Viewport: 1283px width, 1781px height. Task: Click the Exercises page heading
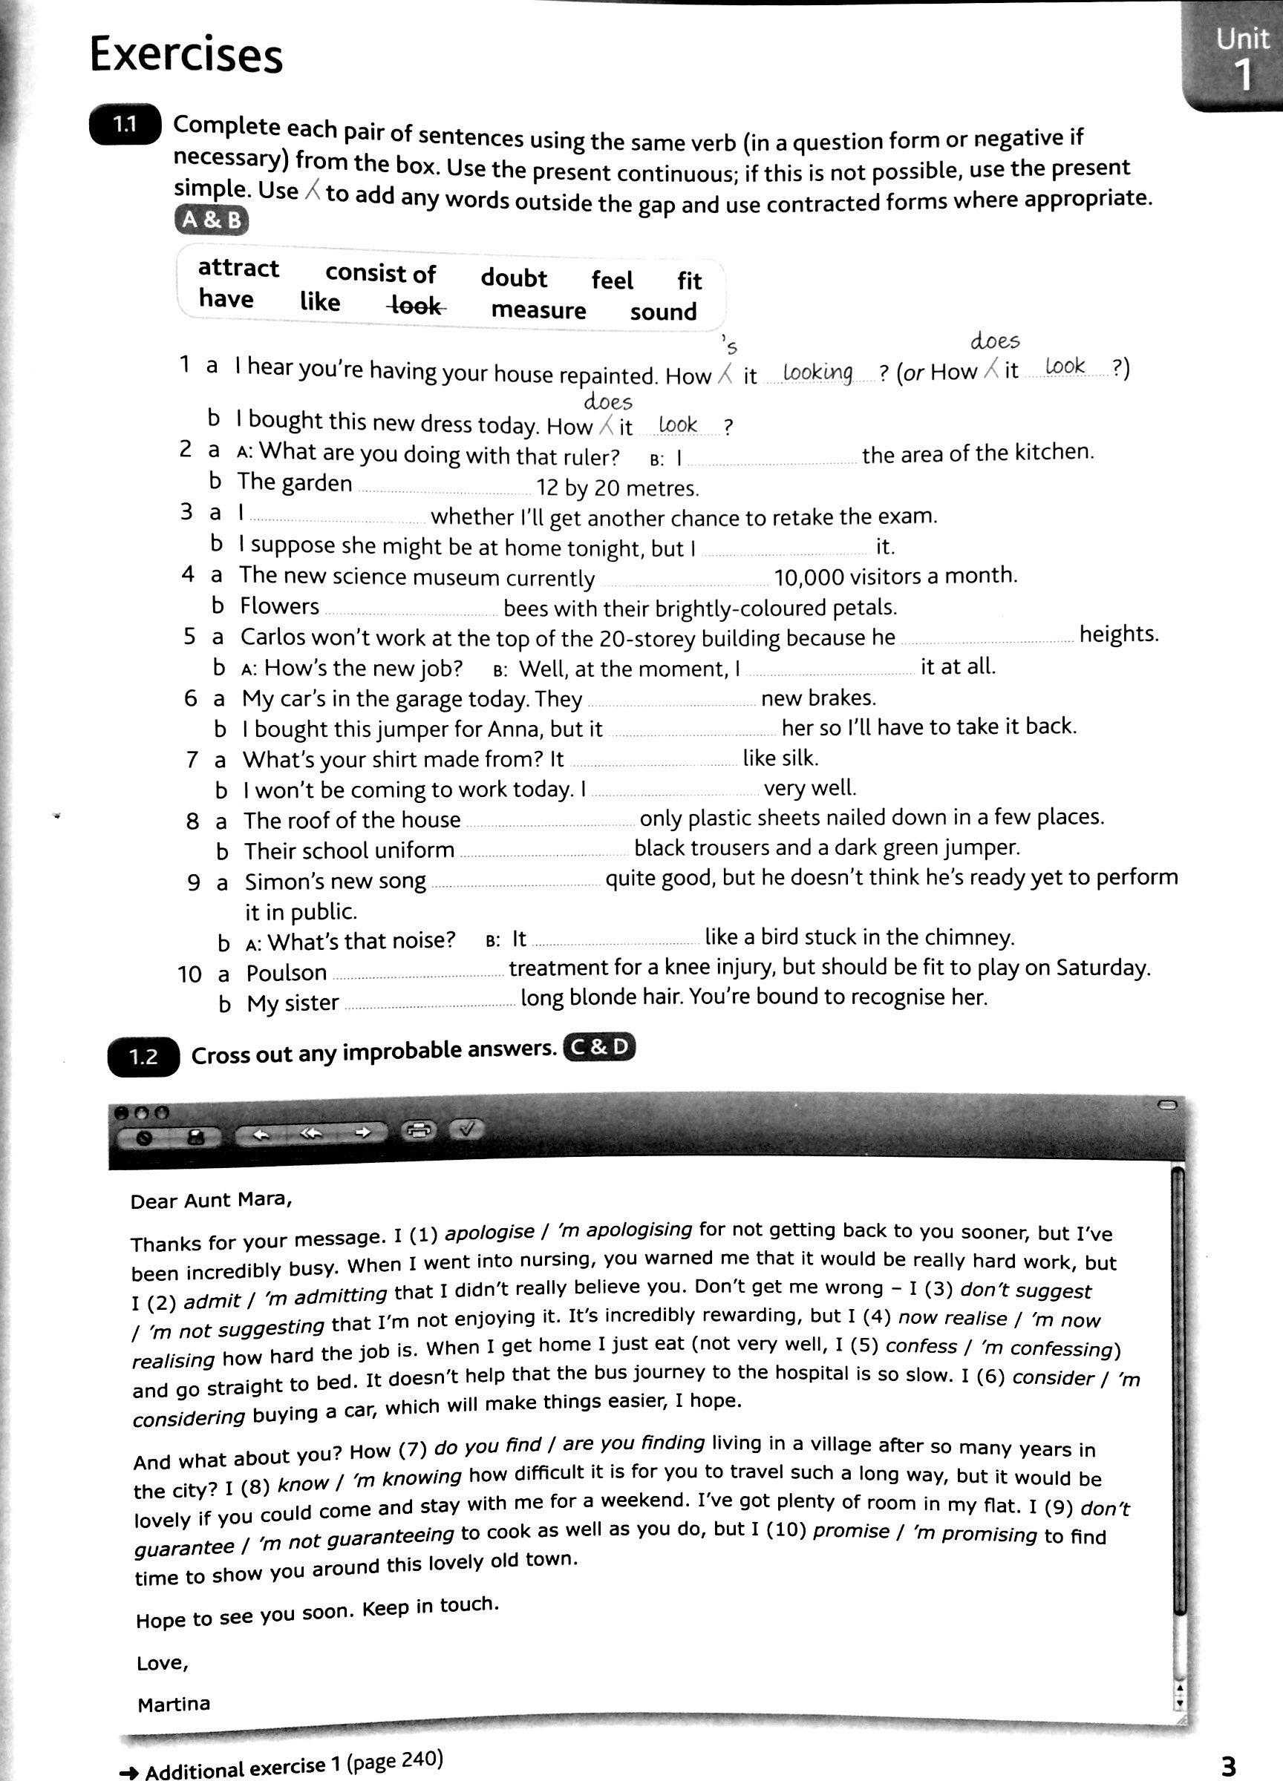(186, 56)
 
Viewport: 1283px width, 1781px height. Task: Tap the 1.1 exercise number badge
(125, 125)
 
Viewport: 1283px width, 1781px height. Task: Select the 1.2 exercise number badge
(143, 1056)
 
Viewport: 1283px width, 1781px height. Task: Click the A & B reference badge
(211, 220)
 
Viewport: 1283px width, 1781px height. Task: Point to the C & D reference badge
(598, 1048)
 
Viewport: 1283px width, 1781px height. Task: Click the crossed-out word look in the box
(417, 306)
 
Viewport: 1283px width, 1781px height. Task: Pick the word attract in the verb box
(238, 269)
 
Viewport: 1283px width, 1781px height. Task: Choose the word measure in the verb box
(538, 310)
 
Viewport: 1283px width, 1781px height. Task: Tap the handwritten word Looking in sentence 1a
(818, 372)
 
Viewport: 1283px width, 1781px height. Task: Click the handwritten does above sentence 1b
(608, 403)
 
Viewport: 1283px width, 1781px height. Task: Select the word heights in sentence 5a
(1119, 634)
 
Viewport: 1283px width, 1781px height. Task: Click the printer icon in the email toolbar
(419, 1131)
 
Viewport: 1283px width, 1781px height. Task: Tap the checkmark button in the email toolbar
(467, 1129)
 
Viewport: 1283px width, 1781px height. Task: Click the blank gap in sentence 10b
(430, 1003)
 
